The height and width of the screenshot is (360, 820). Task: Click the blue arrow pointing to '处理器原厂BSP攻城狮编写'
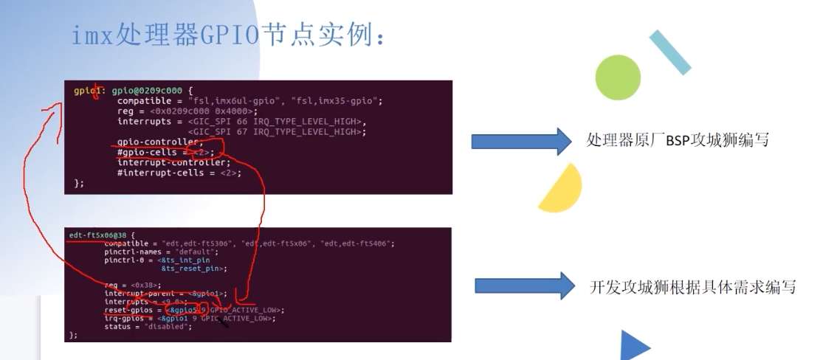tap(521, 140)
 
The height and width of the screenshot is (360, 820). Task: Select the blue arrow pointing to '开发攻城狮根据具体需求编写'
tap(524, 286)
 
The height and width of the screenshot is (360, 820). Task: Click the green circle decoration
tap(618, 77)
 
